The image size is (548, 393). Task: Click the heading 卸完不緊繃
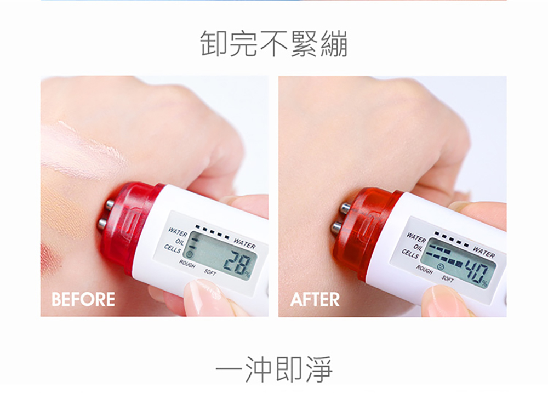click(x=273, y=44)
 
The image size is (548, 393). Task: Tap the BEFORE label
click(x=83, y=300)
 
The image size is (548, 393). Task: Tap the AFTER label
click(x=315, y=300)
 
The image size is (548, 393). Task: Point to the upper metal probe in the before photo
click(x=110, y=205)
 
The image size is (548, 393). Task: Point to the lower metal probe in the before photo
click(x=102, y=223)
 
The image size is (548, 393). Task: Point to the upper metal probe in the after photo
click(x=345, y=208)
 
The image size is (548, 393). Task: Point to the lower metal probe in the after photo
click(x=336, y=226)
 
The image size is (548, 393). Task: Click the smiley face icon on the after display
click(x=441, y=266)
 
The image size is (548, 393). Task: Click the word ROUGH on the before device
click(x=187, y=264)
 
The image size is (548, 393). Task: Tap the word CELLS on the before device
click(x=172, y=249)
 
